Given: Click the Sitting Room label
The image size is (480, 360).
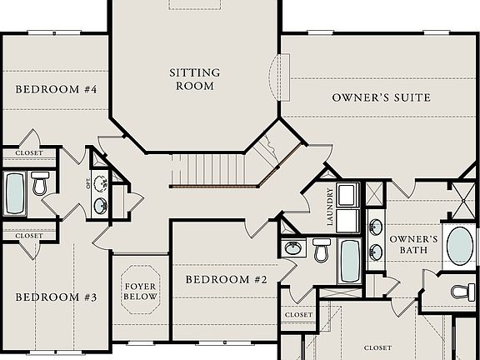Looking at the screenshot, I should [194, 78].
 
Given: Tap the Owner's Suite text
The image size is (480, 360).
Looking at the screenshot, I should [381, 97].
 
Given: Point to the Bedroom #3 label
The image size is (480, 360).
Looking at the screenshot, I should [57, 297].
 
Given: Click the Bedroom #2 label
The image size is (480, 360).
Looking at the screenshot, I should [226, 279].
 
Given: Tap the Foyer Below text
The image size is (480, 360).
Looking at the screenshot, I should [140, 290].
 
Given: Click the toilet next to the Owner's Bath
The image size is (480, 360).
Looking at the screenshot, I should [462, 292].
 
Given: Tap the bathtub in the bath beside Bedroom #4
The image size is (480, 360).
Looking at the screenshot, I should [15, 193].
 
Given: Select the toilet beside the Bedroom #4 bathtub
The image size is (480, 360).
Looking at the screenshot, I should [39, 183].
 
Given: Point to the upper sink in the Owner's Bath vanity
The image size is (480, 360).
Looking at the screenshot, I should [376, 226].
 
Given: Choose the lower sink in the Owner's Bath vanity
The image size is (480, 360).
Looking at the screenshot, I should [376, 251].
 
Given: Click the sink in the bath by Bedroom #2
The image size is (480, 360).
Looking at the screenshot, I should [293, 247].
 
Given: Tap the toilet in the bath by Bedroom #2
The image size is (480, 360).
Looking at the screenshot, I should [322, 249].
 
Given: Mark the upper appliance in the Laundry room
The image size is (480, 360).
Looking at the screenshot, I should [347, 194].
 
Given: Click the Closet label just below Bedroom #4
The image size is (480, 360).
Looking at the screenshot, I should [28, 153].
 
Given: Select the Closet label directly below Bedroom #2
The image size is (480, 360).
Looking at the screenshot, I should [298, 315].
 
